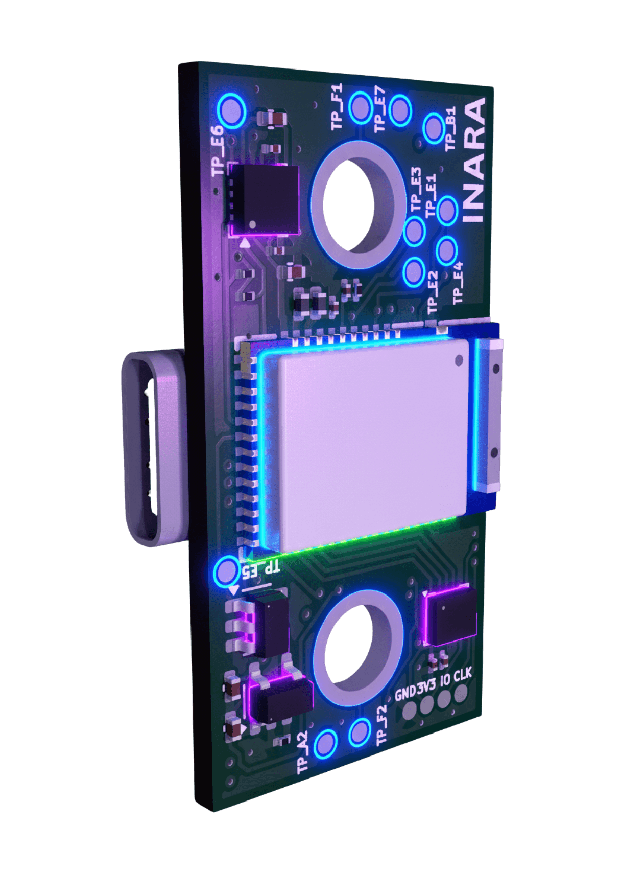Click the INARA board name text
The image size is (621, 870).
point(474,159)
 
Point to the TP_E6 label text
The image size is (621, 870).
point(219,150)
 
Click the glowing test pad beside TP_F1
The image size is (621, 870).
point(361,107)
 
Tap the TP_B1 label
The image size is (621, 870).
point(450,129)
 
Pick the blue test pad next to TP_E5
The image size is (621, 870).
point(226,571)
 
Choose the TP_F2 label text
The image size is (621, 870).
point(381,725)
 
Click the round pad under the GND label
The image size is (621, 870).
point(410,711)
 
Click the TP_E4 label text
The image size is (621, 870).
point(458,283)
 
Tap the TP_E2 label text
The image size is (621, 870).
point(433,291)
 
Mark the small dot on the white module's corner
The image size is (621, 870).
point(459,360)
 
